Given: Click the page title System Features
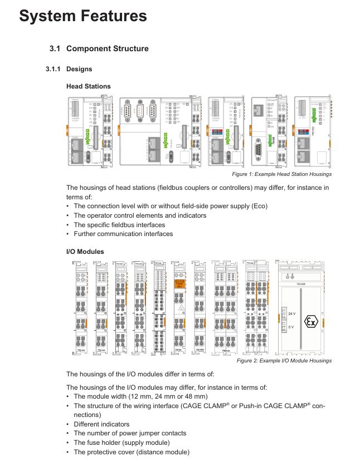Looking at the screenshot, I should click(83, 16).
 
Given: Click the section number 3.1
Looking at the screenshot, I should click(54, 49).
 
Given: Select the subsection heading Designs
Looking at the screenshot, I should click(79, 69).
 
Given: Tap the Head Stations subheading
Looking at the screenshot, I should click(88, 86).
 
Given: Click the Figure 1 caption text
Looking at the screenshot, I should click(281, 174).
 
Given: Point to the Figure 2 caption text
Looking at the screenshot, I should click(284, 361).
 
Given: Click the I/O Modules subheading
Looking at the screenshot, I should click(85, 252).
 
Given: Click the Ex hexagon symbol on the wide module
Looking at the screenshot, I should click(312, 322).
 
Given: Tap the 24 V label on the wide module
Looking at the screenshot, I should click(291, 314).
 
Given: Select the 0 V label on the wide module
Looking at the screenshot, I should click(290, 327).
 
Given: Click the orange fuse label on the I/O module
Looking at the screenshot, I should click(180, 284).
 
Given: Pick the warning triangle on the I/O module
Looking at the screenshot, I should click(181, 307).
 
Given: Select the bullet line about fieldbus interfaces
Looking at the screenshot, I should click(119, 225).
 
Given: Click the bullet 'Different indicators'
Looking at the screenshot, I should click(101, 424).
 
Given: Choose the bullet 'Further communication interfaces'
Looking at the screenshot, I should click(123, 234).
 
